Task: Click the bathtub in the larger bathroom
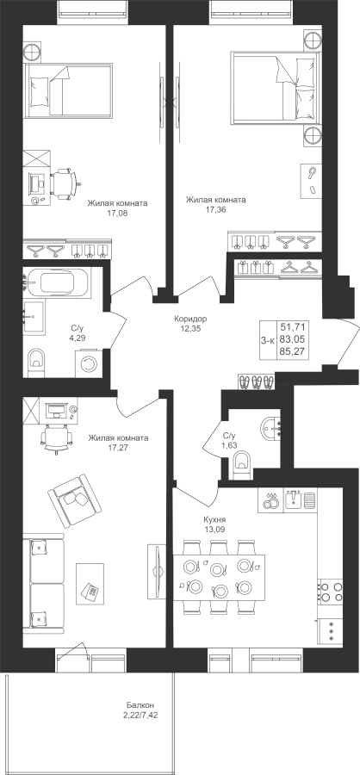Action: (57, 283)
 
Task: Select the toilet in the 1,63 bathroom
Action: (242, 466)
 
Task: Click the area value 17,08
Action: (117, 214)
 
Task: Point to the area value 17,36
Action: (215, 209)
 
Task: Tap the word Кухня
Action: (214, 520)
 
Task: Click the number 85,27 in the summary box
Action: (293, 352)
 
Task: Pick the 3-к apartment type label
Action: (268, 339)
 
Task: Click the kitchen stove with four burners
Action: (331, 591)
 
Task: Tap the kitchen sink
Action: (294, 500)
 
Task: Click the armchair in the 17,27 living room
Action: (74, 500)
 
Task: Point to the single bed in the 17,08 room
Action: (68, 90)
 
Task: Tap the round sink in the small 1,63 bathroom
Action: (270, 428)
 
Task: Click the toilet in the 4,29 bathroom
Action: (35, 363)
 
